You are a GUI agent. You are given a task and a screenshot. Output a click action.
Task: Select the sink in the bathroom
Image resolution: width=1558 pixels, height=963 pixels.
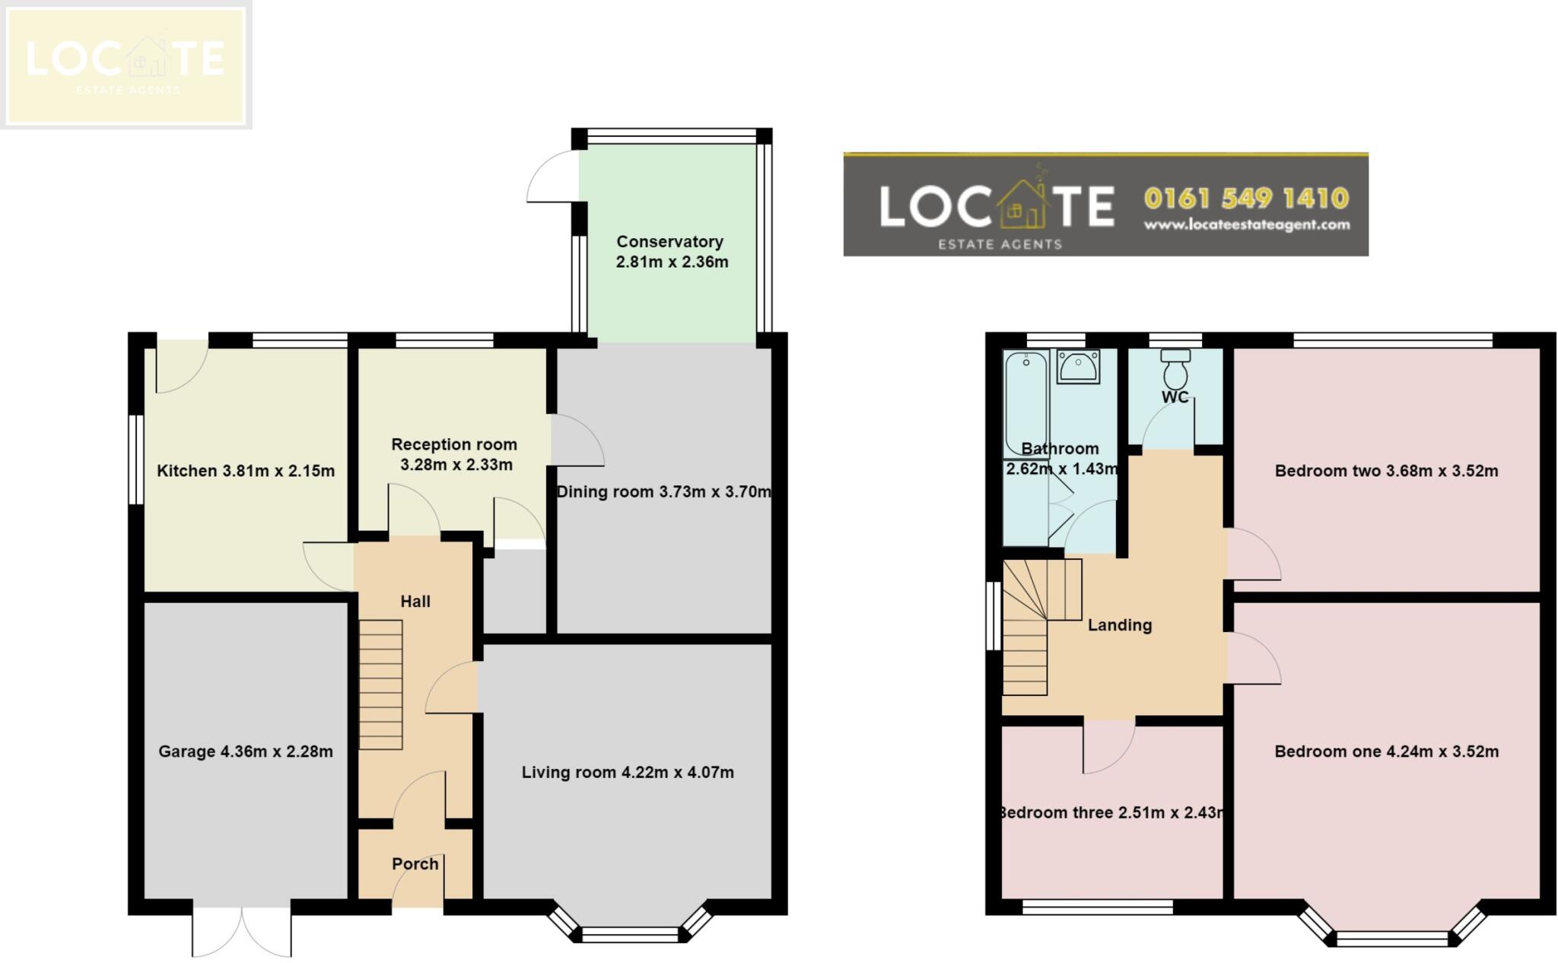pos(1078,367)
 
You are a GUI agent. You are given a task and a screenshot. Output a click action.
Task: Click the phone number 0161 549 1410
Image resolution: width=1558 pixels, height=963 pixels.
pos(1246,199)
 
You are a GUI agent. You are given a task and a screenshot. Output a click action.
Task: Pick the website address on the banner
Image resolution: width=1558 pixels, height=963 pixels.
pos(1247,225)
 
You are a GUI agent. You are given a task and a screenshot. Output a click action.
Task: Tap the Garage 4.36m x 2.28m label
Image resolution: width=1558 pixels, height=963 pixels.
pos(246,752)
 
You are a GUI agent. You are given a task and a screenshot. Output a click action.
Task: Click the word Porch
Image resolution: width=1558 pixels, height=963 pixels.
pos(415,864)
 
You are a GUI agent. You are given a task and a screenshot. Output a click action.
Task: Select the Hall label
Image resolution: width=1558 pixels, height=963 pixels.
pos(415,602)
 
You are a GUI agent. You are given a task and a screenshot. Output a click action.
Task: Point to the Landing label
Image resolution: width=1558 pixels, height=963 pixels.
pos(1120,625)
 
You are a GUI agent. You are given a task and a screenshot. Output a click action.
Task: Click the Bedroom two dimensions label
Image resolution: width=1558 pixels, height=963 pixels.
pos(1387,471)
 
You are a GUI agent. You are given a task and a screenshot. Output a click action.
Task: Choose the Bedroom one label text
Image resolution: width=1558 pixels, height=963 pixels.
pos(1387,752)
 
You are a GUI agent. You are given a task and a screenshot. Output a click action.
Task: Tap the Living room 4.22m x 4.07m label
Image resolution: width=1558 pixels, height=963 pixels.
pos(628,773)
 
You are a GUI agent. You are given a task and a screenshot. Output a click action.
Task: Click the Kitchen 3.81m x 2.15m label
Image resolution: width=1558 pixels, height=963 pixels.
pos(246,471)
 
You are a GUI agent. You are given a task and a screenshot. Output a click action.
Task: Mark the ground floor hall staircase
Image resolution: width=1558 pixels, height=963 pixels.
pos(380,685)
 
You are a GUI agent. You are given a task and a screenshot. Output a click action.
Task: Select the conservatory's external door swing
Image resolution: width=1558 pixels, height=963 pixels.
pos(553,176)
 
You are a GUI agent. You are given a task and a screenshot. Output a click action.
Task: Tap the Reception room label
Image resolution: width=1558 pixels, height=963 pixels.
pos(455,454)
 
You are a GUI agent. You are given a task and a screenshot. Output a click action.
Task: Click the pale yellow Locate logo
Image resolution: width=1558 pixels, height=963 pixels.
pos(126,65)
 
